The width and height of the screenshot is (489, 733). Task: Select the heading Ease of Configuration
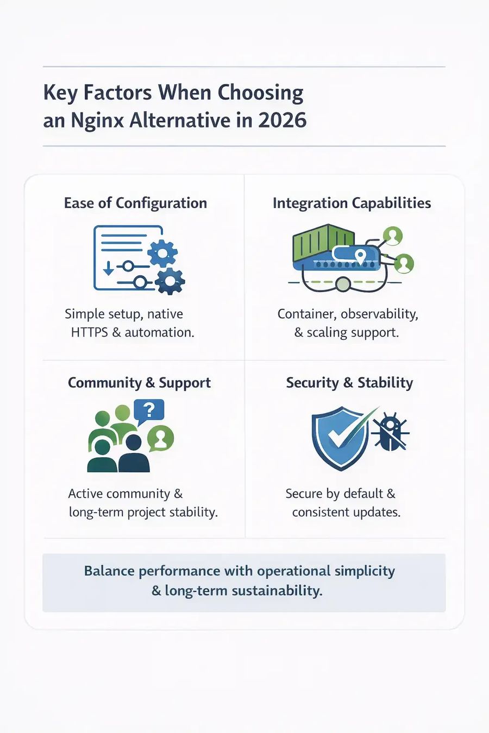[x=135, y=204]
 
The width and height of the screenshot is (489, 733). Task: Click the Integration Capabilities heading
[x=352, y=204]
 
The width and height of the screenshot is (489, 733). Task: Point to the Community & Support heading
[x=139, y=383]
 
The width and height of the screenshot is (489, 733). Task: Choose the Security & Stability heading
[x=349, y=383]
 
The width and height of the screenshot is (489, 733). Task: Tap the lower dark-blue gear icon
[x=170, y=281]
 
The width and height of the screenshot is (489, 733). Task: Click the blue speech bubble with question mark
[x=149, y=411]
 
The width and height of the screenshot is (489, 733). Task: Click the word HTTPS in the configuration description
[x=90, y=332]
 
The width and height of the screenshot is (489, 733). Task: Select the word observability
[x=379, y=314]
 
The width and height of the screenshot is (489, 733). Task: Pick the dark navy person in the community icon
[x=134, y=453]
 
